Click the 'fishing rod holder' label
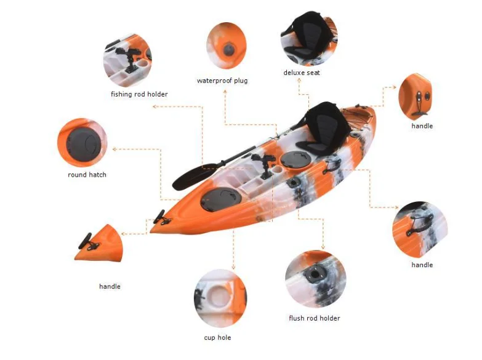(x=139, y=94)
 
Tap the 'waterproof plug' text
(x=222, y=81)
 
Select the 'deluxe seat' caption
(x=302, y=73)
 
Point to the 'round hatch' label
(x=87, y=175)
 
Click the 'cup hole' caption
(x=218, y=337)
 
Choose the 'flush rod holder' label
(x=314, y=318)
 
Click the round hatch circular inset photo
(x=82, y=143)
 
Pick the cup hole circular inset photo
(x=220, y=298)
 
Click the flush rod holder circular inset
(x=315, y=279)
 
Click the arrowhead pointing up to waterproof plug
(x=225, y=92)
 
